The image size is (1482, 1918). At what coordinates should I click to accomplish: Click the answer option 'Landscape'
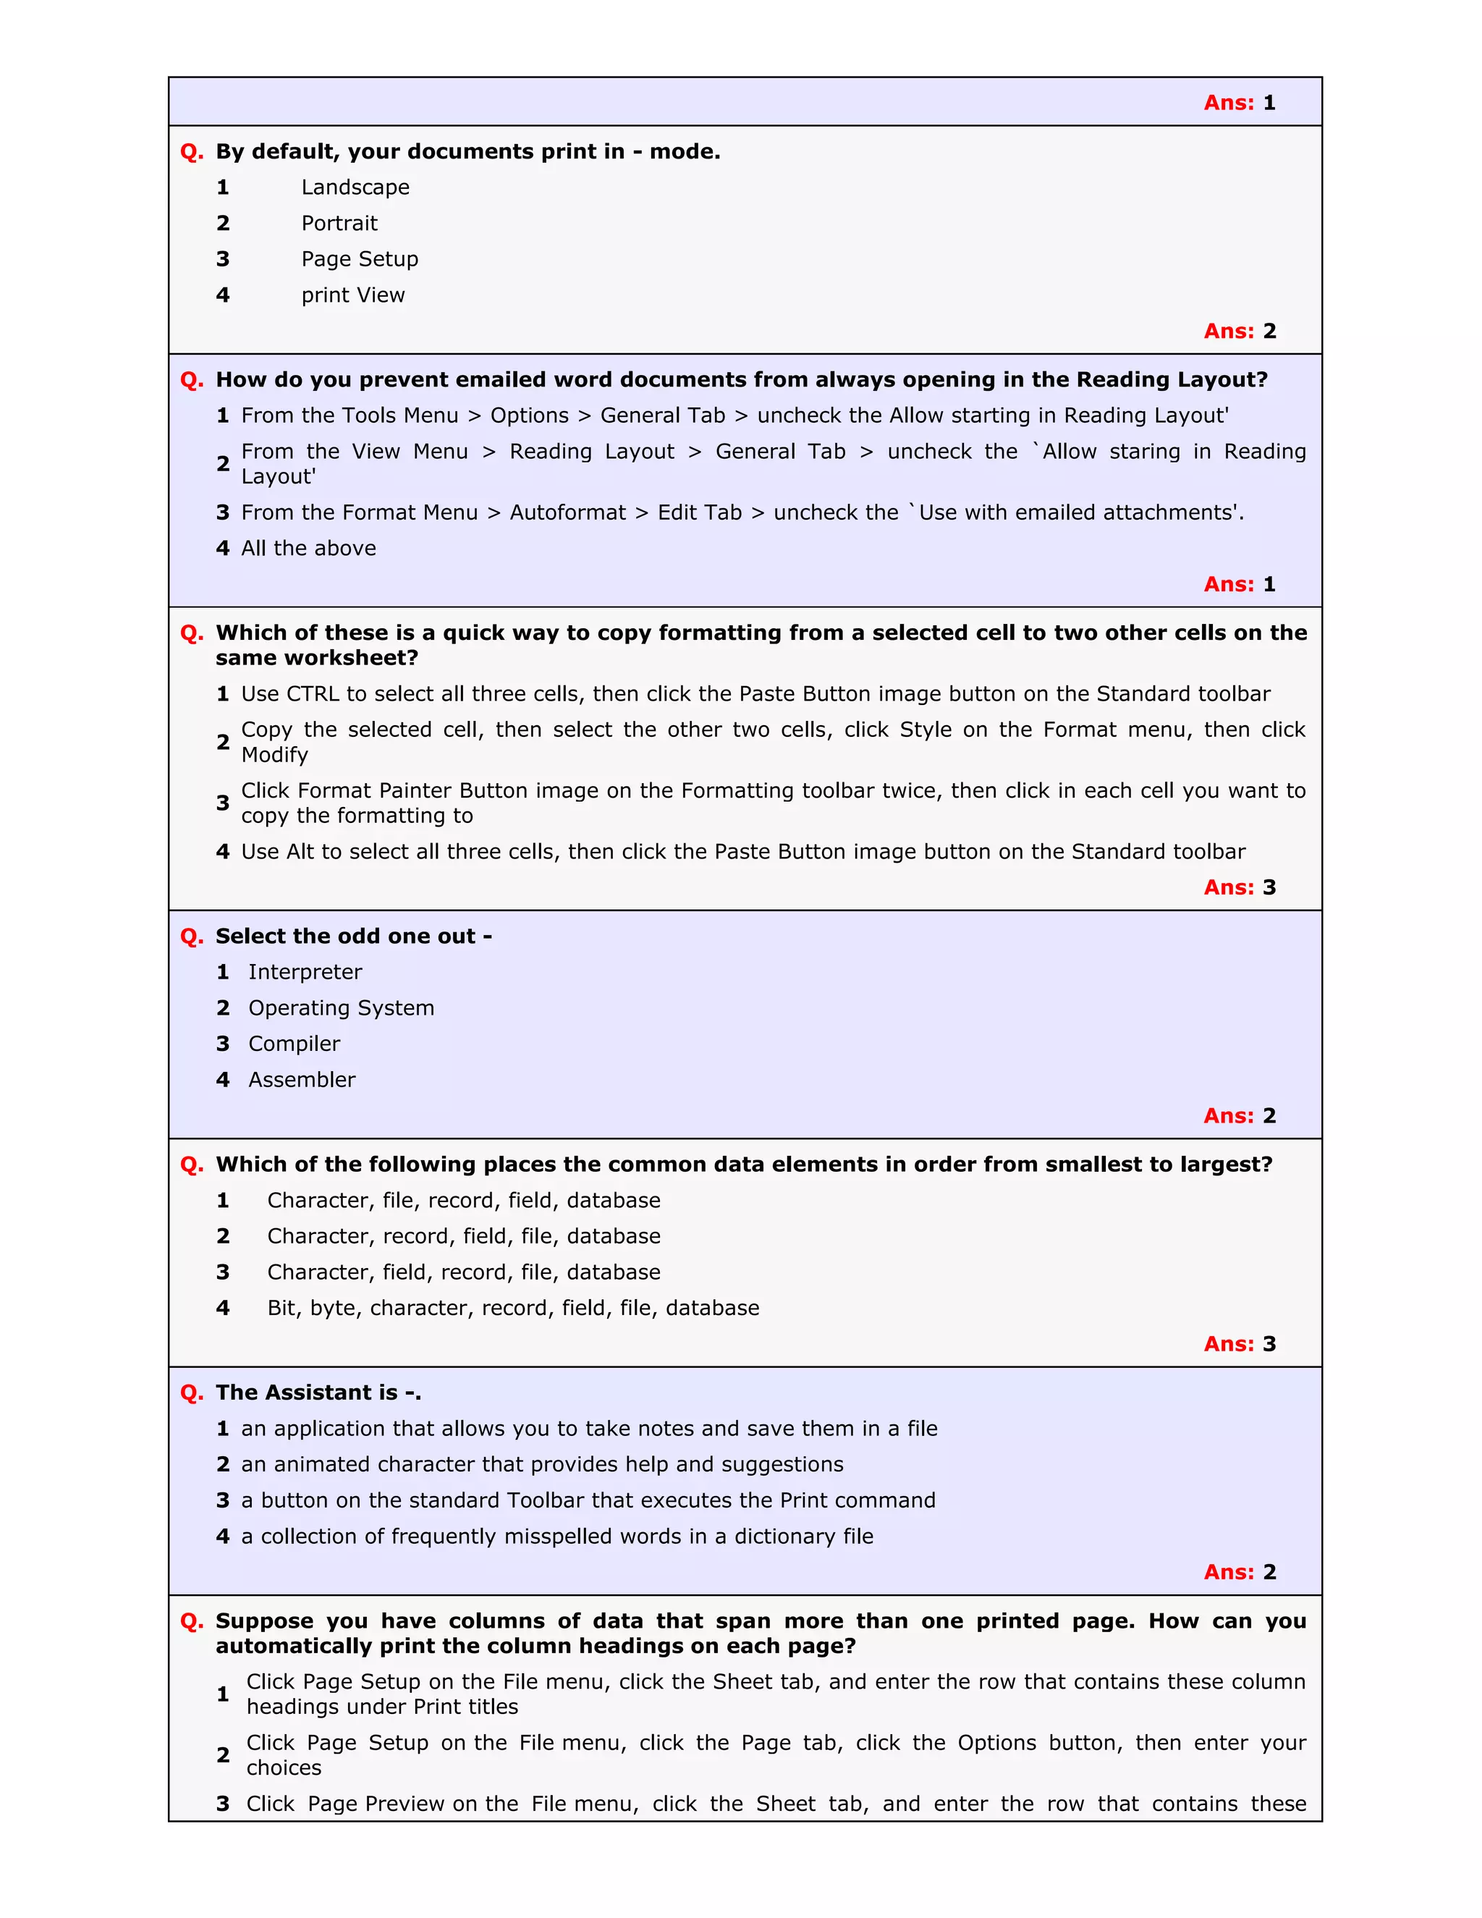pyautogui.click(x=355, y=187)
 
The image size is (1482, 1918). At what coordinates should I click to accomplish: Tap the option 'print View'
pyautogui.click(x=353, y=295)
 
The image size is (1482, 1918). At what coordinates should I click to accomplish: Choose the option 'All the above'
pyautogui.click(x=308, y=548)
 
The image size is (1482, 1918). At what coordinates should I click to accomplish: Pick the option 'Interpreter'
pyautogui.click(x=305, y=972)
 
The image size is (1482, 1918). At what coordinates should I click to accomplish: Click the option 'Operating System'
pyautogui.click(x=341, y=1008)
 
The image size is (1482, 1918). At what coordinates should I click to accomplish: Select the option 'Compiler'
pyautogui.click(x=294, y=1044)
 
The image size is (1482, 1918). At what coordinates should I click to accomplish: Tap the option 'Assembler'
pyautogui.click(x=301, y=1080)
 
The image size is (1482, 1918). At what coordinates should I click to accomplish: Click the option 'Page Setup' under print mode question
pyautogui.click(x=359, y=259)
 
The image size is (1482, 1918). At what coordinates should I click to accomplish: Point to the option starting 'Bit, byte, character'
pyautogui.click(x=513, y=1309)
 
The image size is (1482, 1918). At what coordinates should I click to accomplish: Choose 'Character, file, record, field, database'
pyautogui.click(x=464, y=1201)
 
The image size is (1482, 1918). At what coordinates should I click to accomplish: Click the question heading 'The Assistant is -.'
pyautogui.click(x=318, y=1393)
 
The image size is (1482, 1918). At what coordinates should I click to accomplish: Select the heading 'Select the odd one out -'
pyautogui.click(x=353, y=936)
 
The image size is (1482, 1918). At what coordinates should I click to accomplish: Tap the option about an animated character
pyautogui.click(x=542, y=1465)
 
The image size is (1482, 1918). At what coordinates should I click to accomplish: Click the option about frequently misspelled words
pyautogui.click(x=556, y=1537)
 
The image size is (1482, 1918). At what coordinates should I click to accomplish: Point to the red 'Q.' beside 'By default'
pyautogui.click(x=191, y=152)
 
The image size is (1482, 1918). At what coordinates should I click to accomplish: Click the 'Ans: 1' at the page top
pyautogui.click(x=1239, y=103)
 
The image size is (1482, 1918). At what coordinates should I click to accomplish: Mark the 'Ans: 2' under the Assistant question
pyautogui.click(x=1239, y=1572)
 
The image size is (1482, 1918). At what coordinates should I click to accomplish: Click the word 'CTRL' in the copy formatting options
pyautogui.click(x=313, y=694)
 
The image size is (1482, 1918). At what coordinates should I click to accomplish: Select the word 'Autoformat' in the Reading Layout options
pyautogui.click(x=567, y=513)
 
